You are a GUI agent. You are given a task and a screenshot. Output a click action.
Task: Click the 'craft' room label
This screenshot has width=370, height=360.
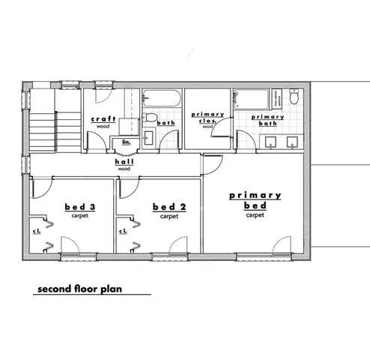pos(102,119)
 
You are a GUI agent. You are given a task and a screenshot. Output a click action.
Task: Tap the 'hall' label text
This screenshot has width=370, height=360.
pos(124,162)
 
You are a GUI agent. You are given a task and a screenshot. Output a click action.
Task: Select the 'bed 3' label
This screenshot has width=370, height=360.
pos(79,206)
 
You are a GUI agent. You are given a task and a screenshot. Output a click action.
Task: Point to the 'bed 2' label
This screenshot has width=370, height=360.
pos(164,207)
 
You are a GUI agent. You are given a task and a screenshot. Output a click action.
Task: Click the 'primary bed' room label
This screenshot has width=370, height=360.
pos(255,199)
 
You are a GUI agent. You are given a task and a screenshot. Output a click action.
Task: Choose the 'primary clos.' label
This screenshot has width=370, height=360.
pos(207,118)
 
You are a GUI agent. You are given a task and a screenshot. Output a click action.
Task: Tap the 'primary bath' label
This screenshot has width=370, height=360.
pos(267,118)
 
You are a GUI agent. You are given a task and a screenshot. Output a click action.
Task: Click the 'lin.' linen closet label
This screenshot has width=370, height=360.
pos(127,141)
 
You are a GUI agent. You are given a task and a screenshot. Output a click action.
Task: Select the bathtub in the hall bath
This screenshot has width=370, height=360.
pos(161,98)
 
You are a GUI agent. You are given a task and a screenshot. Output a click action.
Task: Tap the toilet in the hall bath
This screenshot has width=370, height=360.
pos(150,116)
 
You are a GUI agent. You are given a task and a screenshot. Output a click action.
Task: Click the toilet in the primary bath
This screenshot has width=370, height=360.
pos(295,98)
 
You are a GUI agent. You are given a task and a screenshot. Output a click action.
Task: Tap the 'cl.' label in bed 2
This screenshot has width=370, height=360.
pos(122,231)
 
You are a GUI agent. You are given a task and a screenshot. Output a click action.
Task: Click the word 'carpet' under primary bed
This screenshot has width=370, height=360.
pos(255,215)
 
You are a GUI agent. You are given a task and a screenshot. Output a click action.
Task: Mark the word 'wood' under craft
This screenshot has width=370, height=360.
pos(102,127)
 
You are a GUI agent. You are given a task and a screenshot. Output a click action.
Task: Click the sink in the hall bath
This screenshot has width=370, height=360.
pos(148,136)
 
